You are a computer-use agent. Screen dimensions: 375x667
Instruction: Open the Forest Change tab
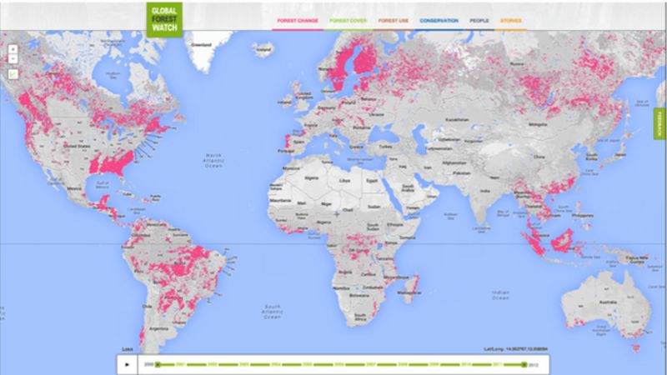[x=296, y=19]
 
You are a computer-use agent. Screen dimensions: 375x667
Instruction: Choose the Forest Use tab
[x=393, y=19]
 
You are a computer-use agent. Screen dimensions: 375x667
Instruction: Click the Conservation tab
[x=439, y=19]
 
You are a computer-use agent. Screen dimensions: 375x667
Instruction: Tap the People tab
[x=479, y=19]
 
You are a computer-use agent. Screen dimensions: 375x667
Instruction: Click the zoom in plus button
[x=13, y=47]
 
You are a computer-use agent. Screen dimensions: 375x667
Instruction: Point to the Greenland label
[x=201, y=44]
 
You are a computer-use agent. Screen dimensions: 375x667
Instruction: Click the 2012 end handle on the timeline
[x=524, y=364]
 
